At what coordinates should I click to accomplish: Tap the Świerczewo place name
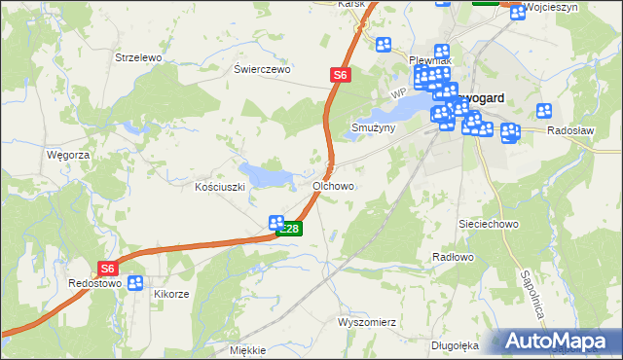(263, 70)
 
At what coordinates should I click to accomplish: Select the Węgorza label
(68, 155)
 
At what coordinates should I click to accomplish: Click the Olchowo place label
(333, 185)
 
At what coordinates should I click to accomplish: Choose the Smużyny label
(373, 127)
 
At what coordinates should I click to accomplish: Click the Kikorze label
(170, 293)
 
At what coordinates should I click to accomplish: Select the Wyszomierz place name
(365, 322)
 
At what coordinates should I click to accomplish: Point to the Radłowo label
(452, 257)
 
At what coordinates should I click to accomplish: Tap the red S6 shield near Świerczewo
(338, 74)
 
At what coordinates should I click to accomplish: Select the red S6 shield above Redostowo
(108, 269)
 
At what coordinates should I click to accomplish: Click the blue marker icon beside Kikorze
(135, 283)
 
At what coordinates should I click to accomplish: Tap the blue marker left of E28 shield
(276, 223)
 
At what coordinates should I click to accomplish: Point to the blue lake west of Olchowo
(267, 176)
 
